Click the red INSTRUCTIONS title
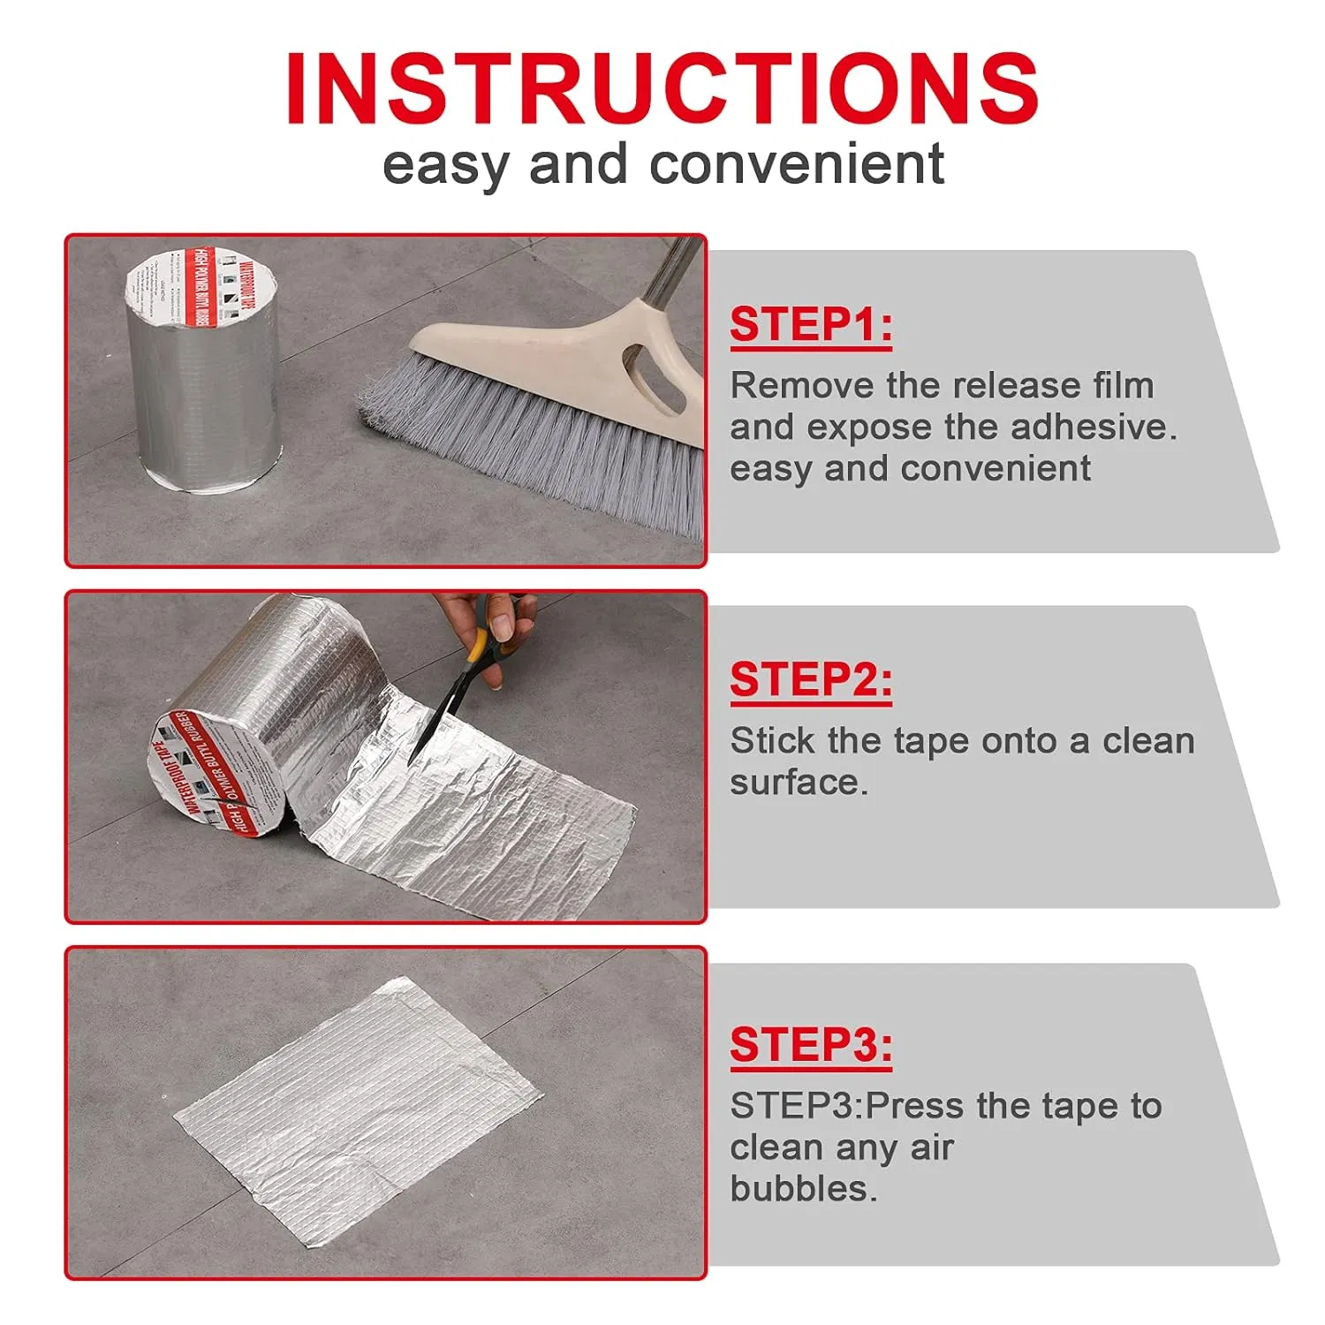[662, 88]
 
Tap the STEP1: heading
[810, 325]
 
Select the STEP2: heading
[810, 680]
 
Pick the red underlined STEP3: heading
[810, 1045]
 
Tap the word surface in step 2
[798, 783]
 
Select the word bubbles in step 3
[803, 1189]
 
